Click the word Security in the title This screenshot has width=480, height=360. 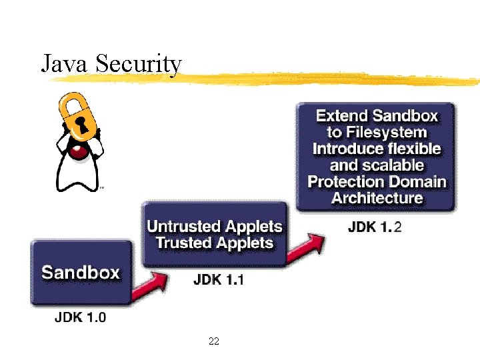point(138,65)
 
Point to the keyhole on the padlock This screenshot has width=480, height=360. point(81,124)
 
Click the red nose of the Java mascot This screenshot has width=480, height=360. point(80,153)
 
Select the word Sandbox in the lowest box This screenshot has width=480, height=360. point(81,273)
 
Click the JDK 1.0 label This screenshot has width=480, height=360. point(79,317)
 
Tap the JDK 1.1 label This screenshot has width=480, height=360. point(218,279)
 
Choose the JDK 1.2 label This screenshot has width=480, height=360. point(375,227)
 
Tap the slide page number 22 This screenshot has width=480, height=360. point(214,341)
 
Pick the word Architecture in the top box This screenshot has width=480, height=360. point(377,197)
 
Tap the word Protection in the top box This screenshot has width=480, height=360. point(349,181)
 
